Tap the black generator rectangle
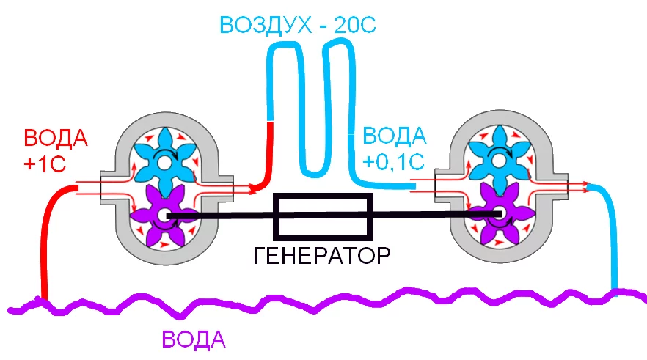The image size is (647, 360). (323, 216)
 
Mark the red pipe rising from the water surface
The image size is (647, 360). (51, 235)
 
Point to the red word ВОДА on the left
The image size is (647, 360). (56, 139)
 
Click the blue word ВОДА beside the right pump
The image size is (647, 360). (395, 135)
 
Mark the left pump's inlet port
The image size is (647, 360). (107, 188)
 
